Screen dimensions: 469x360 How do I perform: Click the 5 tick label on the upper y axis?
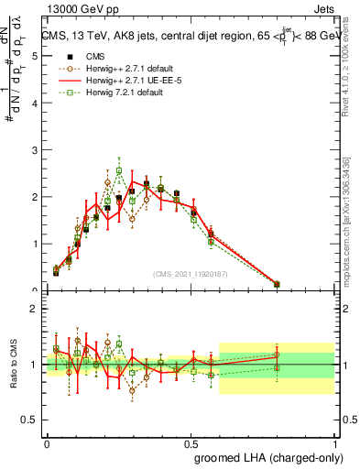pos(34,56)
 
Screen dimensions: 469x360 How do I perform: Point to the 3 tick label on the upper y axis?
pos(34,149)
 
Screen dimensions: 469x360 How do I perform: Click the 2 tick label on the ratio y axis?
pos(34,309)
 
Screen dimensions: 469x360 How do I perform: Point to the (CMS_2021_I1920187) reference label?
pos(190,274)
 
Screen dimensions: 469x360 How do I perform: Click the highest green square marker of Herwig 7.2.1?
pos(119,170)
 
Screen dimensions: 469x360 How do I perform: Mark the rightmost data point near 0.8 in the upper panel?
pos(277,284)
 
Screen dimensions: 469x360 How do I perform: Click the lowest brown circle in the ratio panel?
pos(132,390)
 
